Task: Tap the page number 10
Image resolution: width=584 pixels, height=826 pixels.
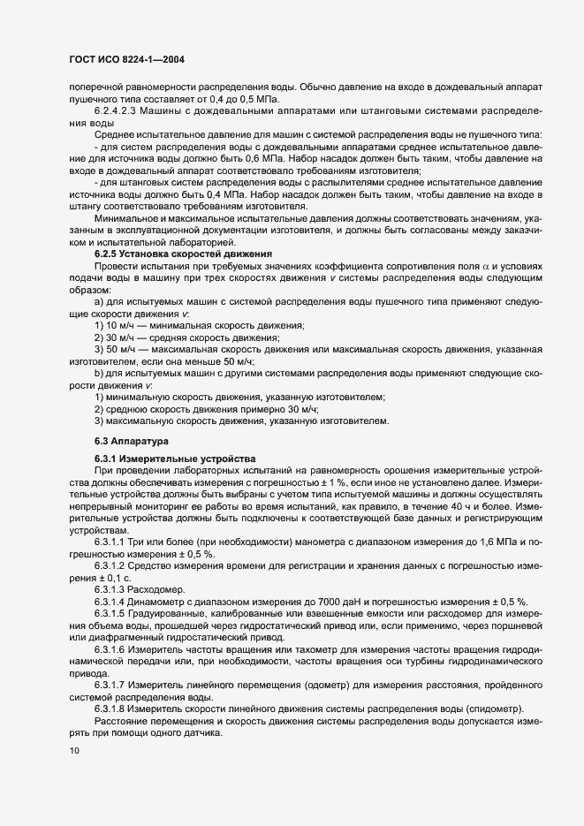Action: [73, 750]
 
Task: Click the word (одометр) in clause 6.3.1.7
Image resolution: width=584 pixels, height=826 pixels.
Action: [335, 686]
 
